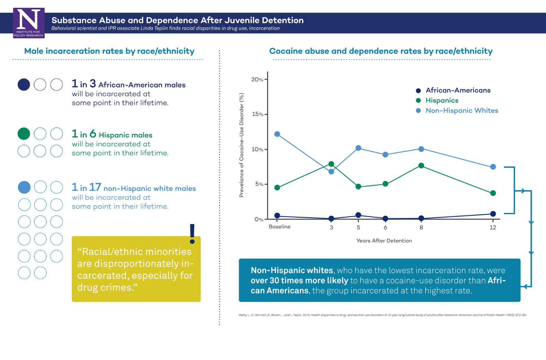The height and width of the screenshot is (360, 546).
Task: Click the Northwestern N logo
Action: [x=29, y=23]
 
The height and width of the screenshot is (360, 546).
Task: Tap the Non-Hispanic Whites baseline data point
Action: [x=277, y=134]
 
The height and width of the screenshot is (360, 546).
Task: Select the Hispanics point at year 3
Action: [x=331, y=164]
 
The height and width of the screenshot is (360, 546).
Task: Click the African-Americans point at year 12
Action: [x=493, y=214]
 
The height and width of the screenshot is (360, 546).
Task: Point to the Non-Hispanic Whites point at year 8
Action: [x=421, y=149]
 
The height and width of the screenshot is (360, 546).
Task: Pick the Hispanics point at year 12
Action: [x=493, y=193]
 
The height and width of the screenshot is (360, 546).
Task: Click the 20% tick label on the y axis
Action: [x=257, y=80]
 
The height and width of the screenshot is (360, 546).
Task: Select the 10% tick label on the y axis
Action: [x=257, y=149]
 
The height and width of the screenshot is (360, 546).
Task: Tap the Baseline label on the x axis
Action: [x=279, y=227]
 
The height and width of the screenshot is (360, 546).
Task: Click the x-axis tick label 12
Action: [x=493, y=228]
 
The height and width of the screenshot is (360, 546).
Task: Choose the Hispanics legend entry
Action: [x=442, y=100]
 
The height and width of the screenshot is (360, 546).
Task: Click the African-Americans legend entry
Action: [x=458, y=90]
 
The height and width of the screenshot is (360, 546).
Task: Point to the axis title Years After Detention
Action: [x=384, y=241]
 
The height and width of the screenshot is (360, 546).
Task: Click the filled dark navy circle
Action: [x=24, y=85]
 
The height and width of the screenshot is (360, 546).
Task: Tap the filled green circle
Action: [x=24, y=134]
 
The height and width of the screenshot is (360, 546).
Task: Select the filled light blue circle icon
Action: [x=24, y=187]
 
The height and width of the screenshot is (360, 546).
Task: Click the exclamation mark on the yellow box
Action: [x=192, y=234]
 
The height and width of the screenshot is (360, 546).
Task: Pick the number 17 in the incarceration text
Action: [x=95, y=187]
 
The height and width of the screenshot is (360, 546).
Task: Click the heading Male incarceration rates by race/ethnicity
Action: [x=109, y=51]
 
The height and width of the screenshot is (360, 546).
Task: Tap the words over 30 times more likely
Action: [x=299, y=280]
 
